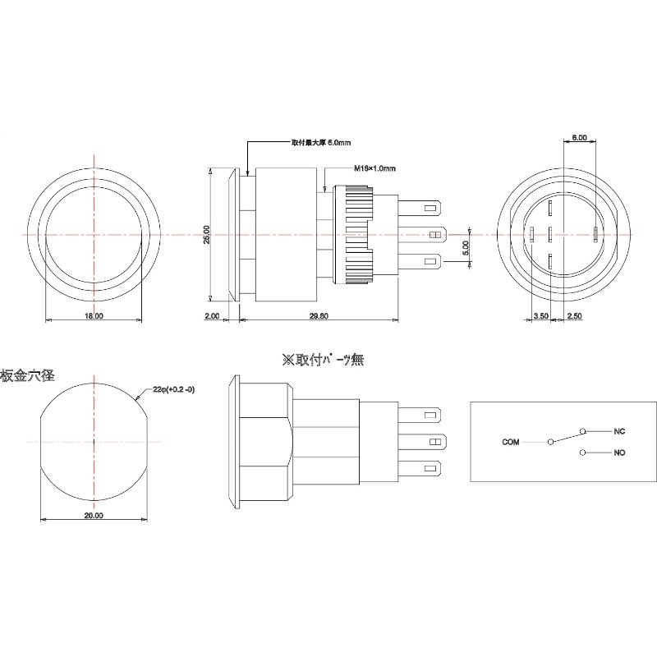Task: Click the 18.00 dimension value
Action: pyautogui.click(x=94, y=316)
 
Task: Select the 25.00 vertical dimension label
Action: pyautogui.click(x=207, y=235)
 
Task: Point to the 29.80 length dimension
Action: pyautogui.click(x=319, y=316)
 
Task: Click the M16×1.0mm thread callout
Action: pyautogui.click(x=375, y=168)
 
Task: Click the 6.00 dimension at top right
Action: pyautogui.click(x=578, y=138)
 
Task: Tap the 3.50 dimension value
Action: pyautogui.click(x=540, y=316)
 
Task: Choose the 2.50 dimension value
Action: pyautogui.click(x=575, y=316)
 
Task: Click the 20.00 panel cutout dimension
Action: pyautogui.click(x=94, y=516)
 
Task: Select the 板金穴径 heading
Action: pyautogui.click(x=27, y=375)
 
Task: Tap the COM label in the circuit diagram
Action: pyautogui.click(x=511, y=441)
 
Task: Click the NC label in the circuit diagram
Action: pyautogui.click(x=620, y=430)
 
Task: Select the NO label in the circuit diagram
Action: pyautogui.click(x=620, y=453)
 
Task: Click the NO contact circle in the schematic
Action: pyautogui.click(x=582, y=453)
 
